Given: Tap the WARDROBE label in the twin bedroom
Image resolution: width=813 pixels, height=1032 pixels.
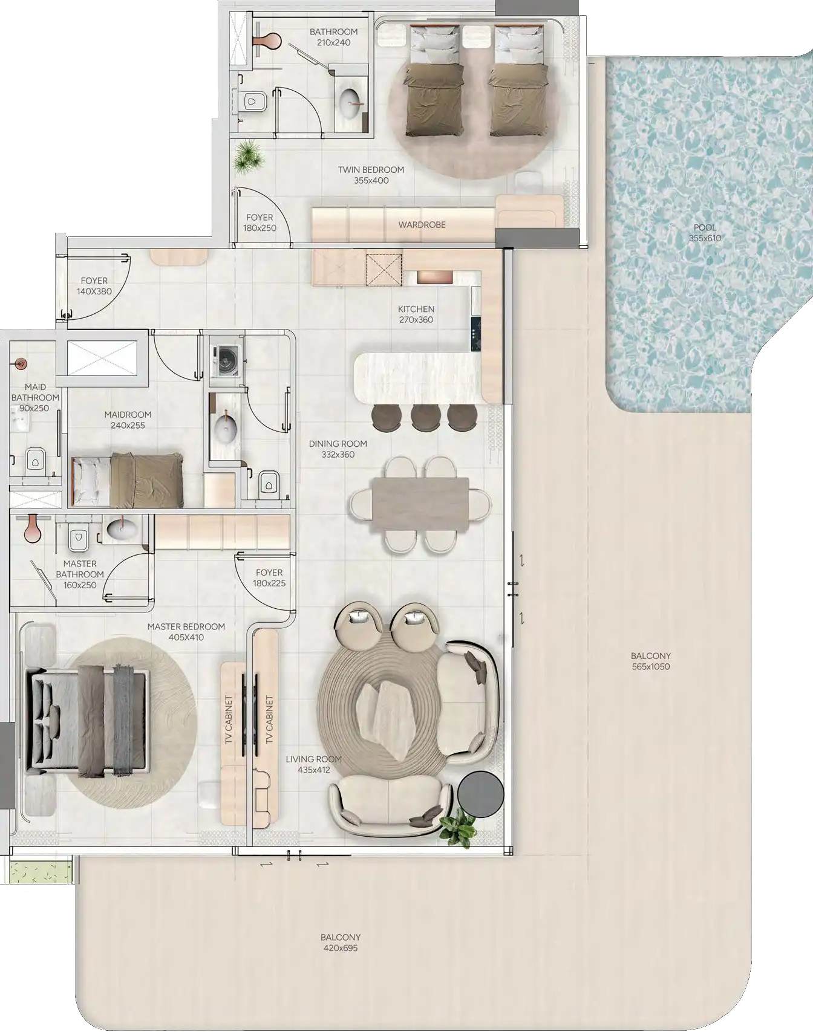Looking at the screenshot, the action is pos(422,225).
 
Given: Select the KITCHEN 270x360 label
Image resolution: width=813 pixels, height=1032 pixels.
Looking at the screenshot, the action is pos(416,314).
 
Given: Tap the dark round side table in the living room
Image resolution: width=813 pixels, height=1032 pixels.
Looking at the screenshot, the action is pos(481,794).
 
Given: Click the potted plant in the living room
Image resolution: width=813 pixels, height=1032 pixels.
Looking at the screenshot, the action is pos(457,829).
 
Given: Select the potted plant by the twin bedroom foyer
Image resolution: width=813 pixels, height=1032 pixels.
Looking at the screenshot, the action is pos(249,157).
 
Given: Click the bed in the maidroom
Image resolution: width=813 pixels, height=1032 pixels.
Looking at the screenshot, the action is pos(128,480).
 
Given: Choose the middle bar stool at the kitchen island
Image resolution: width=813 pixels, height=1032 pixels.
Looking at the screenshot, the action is pos(425,418).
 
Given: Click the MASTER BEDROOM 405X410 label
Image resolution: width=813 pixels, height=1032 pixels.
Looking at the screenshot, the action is pos(186,632).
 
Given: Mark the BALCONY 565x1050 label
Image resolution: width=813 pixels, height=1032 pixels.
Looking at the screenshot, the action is pos(651,661).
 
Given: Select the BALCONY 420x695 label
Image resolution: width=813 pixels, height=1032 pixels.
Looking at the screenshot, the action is pos(341,943).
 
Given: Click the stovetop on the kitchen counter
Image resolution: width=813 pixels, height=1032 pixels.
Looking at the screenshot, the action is pos(475,333).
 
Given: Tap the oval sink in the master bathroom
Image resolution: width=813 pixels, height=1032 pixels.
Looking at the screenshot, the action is pos(122,530).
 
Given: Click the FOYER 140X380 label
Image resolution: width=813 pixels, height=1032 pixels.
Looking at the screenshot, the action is pos(94,286).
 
